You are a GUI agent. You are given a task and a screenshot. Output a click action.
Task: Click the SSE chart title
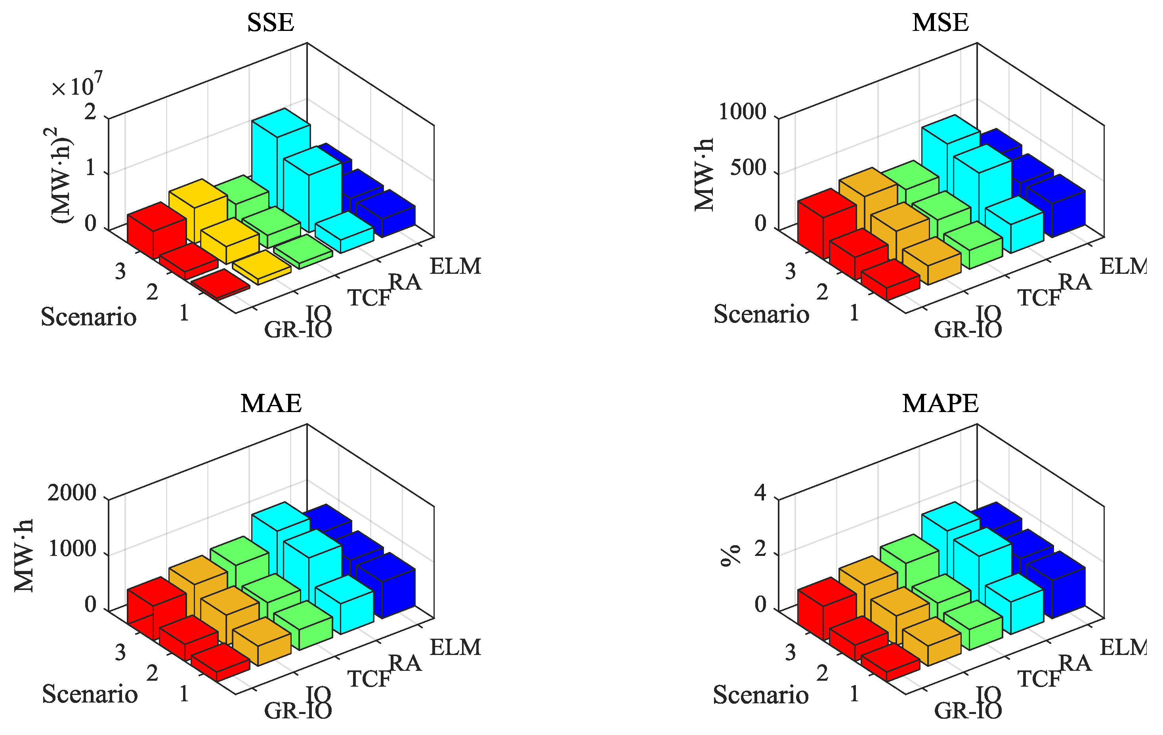click(x=271, y=23)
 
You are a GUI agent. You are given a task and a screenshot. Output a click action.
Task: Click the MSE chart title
click(x=940, y=23)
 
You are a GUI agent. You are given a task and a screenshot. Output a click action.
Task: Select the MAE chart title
click(x=271, y=404)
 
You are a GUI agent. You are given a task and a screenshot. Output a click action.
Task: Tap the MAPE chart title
click(x=940, y=404)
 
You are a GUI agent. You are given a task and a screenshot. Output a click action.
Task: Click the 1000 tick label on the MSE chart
click(x=742, y=112)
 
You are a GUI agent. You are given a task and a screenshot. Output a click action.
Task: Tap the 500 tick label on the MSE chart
click(x=748, y=168)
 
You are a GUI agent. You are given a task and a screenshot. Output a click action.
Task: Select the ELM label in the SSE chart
click(x=455, y=267)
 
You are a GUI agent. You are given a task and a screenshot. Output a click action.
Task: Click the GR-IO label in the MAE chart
click(x=298, y=711)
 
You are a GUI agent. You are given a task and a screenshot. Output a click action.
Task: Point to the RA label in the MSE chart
click(x=1075, y=283)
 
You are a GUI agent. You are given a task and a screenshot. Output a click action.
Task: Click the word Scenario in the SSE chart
click(x=88, y=317)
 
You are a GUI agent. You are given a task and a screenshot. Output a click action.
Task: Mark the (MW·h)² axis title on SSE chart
click(x=62, y=175)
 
